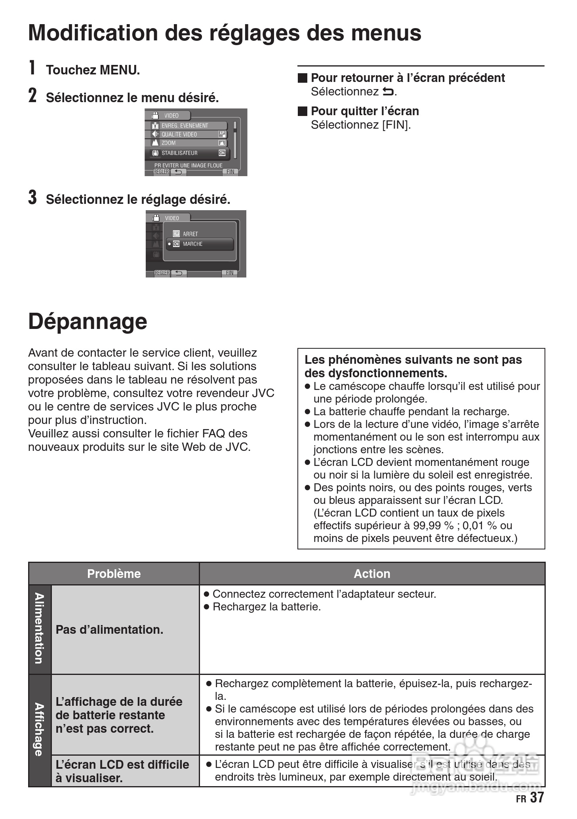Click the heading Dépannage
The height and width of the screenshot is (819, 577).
pos(88,321)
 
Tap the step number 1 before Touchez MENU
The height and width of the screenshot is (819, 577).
pos(32,68)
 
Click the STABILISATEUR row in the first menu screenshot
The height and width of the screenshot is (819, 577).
pos(189,153)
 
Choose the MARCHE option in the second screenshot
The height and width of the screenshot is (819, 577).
pos(200,244)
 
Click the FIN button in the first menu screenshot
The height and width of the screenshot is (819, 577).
pos(230,172)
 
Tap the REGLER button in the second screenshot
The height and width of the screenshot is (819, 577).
pos(162,273)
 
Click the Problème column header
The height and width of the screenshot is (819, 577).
pos(114,574)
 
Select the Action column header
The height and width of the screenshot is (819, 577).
pos(372,574)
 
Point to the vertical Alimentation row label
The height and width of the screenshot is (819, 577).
pos(39,629)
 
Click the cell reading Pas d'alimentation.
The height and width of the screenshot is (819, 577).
pos(109,629)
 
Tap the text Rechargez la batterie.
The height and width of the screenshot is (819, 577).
pos(267,607)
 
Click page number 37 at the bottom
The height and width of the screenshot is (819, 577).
pos(537,797)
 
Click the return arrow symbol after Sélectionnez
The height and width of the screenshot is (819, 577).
pos(388,92)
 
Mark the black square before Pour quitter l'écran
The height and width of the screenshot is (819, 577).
pos(303,111)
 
